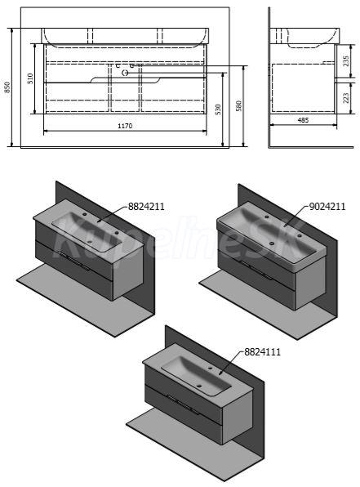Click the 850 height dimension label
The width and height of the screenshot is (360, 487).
coord(8,87)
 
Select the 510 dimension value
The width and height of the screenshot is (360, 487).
coord(30,78)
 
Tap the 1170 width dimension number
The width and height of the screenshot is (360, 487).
coord(125,126)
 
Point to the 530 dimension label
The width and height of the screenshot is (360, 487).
coord(218,109)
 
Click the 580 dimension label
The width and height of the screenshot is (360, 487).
coord(238,105)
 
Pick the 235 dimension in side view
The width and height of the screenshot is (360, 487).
coord(346,60)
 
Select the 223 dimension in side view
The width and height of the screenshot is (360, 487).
coord(346,97)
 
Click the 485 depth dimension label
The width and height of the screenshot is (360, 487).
coord(303,120)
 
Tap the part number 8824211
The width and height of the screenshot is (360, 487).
coord(146,206)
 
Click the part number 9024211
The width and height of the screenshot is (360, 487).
coord(327,206)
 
